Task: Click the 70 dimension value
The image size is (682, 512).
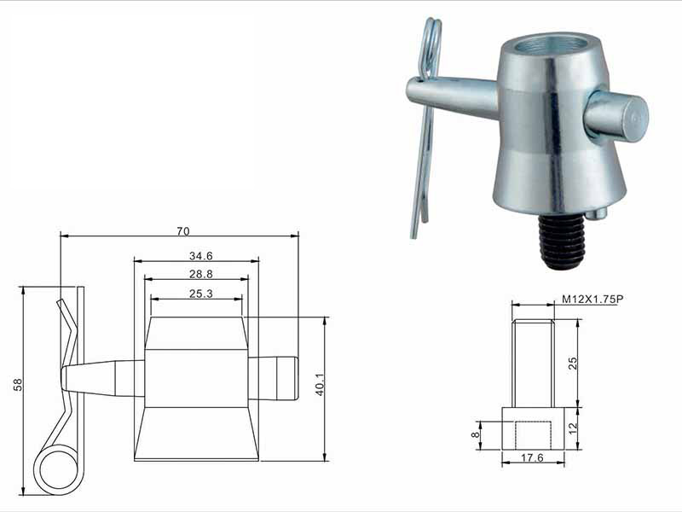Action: coord(183,231)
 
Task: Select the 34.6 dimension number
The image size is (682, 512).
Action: coord(200,256)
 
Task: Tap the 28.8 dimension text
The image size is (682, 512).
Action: coord(200,274)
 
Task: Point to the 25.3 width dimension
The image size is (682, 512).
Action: coord(200,294)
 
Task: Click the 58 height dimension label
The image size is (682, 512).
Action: coord(18,385)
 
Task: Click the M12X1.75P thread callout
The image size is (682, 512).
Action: coord(592,300)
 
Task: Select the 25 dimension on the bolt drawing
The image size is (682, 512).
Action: coord(573,364)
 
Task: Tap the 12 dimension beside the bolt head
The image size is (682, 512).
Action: coord(573,428)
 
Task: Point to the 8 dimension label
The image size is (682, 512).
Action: coord(476,434)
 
